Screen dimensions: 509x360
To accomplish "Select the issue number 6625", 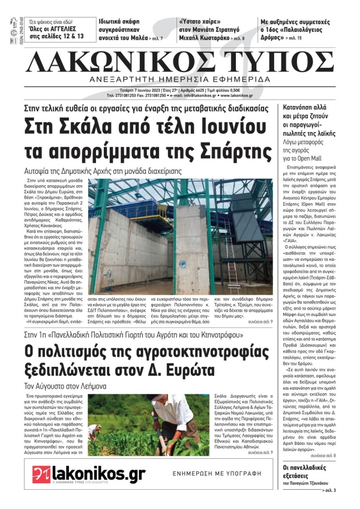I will tap(209, 90).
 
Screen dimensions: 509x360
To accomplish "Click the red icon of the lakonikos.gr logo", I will tap(41, 474).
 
